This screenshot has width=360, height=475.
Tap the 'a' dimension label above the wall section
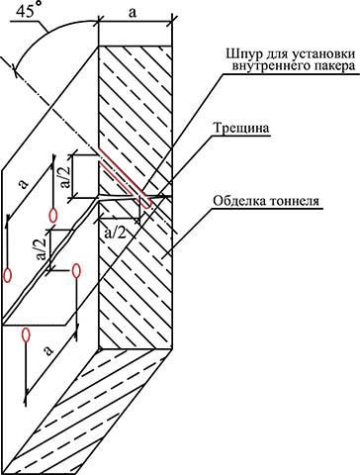point(133,13)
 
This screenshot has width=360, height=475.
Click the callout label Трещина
point(242,129)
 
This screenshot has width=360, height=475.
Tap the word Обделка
point(238,200)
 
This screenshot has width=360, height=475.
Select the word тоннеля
point(295,201)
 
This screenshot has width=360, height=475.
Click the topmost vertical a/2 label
point(65,176)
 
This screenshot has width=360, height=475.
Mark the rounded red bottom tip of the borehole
point(148,206)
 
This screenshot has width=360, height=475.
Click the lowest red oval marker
point(26,335)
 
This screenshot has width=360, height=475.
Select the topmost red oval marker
point(53,215)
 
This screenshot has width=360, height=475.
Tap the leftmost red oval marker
point(7,275)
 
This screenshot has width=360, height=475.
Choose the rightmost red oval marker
point(76,271)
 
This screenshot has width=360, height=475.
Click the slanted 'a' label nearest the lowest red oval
point(48,350)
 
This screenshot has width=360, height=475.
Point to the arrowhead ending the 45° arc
point(15,66)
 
